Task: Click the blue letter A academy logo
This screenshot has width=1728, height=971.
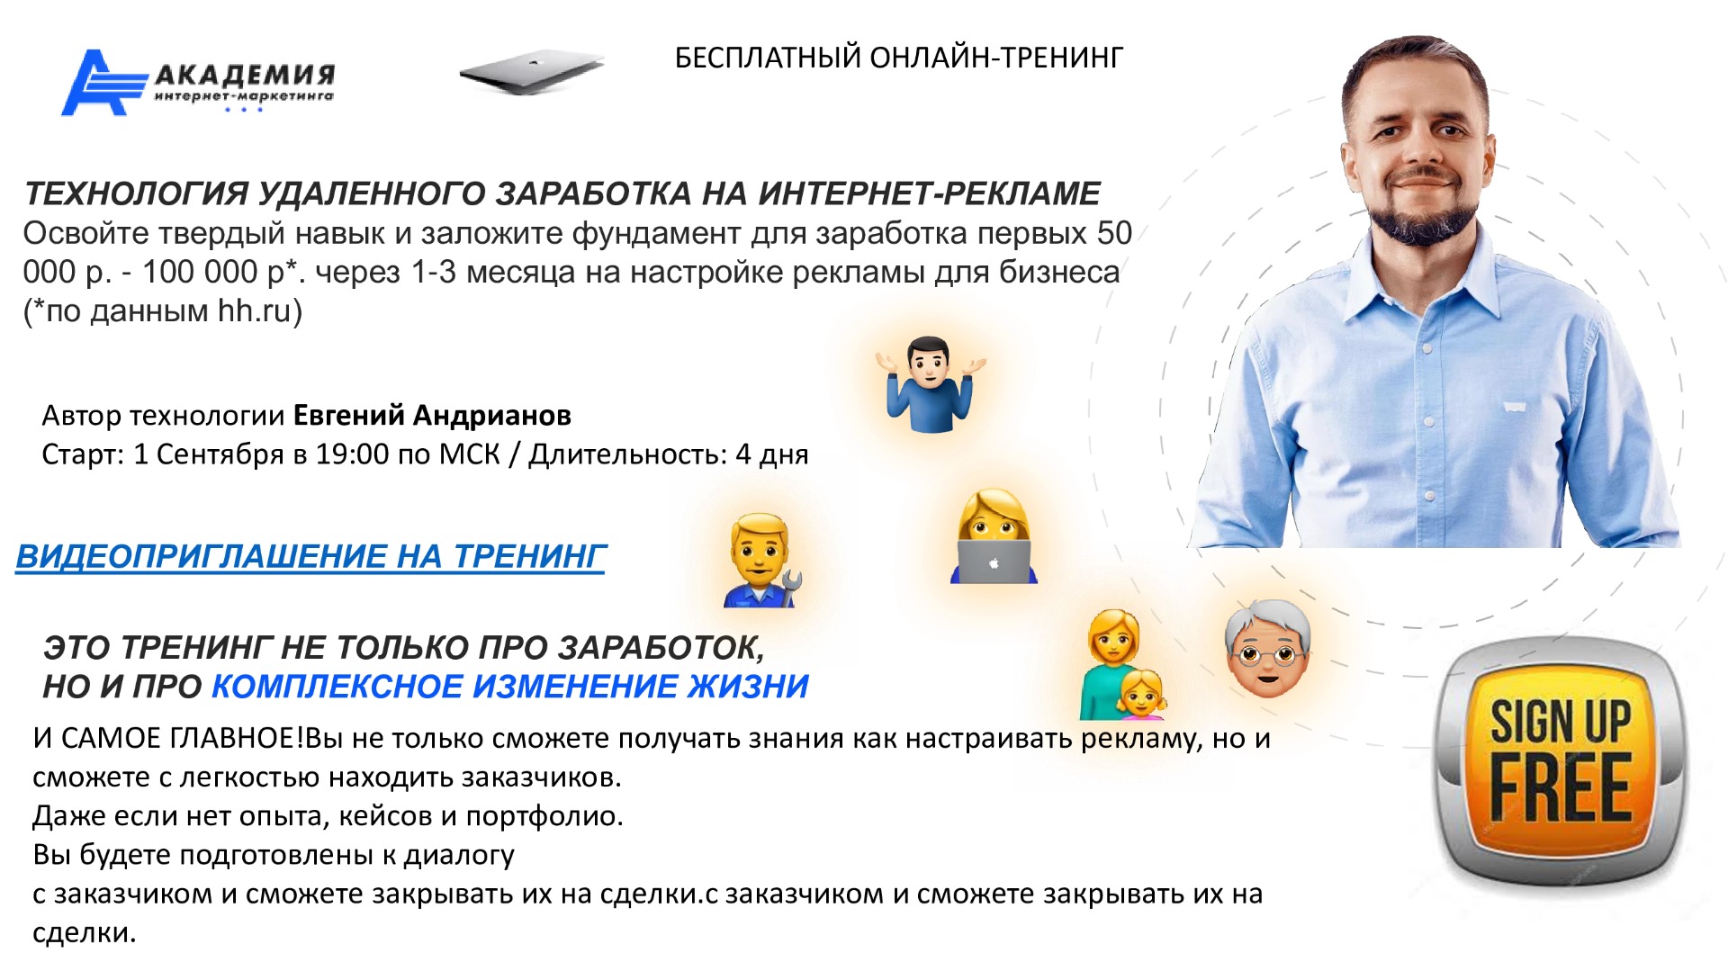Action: click(x=103, y=83)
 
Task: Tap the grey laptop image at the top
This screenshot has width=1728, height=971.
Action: click(x=531, y=72)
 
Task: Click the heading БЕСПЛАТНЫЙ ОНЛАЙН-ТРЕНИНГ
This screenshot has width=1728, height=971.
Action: click(x=899, y=58)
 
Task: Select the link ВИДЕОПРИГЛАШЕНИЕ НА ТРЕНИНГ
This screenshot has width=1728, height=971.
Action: click(x=310, y=556)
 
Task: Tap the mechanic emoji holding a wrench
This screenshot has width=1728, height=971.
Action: click(x=761, y=560)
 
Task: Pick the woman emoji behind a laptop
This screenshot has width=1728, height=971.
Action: click(x=993, y=537)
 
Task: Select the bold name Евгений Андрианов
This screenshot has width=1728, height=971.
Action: click(x=432, y=416)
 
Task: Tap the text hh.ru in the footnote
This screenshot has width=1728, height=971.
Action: click(x=255, y=311)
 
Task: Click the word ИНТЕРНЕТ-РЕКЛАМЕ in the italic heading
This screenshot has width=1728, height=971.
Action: click(x=929, y=193)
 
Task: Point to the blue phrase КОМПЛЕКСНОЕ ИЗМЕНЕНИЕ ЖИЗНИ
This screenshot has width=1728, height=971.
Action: click(x=510, y=687)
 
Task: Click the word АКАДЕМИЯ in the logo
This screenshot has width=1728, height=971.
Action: click(x=245, y=75)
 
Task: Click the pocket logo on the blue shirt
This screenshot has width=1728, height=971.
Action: click(x=1516, y=407)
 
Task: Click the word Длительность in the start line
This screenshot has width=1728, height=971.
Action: click(x=627, y=454)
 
